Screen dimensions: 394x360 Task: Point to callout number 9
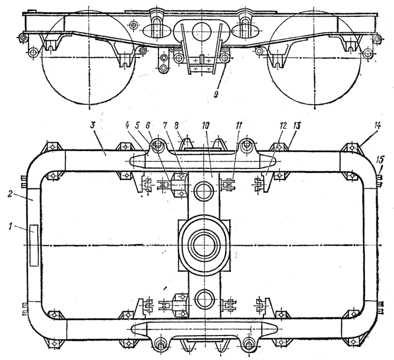point(216,94)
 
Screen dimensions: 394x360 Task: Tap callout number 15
point(381,159)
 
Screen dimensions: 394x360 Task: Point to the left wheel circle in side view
point(89,57)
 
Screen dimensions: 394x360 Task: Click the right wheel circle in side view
point(315,57)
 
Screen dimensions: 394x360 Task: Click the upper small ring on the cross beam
point(205,192)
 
